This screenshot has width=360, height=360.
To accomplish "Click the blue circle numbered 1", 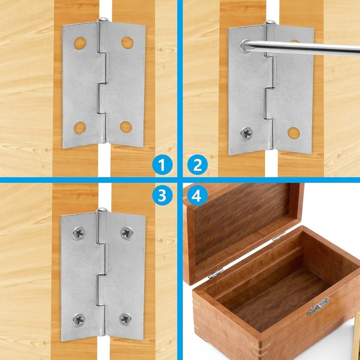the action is tap(162, 165).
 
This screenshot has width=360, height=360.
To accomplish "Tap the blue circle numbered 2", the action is tap(198, 165).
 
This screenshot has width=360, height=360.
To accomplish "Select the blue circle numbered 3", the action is tap(162, 195).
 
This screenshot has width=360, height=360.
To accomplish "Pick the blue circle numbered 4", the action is tap(198, 195).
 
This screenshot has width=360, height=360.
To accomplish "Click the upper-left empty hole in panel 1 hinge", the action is tap(80, 43).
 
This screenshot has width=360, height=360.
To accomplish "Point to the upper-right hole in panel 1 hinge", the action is tap(127, 43).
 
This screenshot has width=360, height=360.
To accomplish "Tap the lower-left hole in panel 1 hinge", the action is tap(80, 128).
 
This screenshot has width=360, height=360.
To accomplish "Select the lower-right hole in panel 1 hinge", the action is tap(126, 127).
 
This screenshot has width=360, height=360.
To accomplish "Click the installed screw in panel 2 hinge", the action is tap(247, 134).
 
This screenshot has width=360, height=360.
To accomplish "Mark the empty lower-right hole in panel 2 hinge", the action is tap(294, 133).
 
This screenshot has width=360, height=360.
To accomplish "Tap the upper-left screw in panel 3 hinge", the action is tap(79, 233).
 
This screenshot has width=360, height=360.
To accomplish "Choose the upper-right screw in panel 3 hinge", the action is tap(126, 233).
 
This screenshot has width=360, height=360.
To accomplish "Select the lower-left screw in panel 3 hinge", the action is tap(79, 320).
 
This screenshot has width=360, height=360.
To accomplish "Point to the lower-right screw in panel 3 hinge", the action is tap(125, 319).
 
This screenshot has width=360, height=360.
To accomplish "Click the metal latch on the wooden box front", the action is tap(318, 306).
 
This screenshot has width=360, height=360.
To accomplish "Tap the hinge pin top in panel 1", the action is tap(103, 19).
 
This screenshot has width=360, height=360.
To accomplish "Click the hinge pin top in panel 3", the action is tap(102, 209).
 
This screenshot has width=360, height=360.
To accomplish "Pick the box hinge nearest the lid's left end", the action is tap(216, 273).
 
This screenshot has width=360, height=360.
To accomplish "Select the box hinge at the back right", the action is tap(279, 236).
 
